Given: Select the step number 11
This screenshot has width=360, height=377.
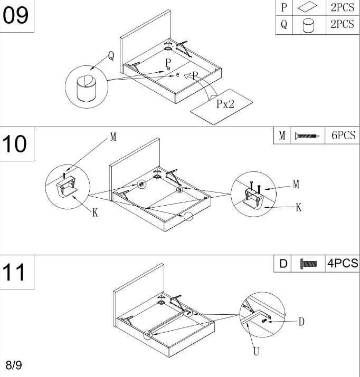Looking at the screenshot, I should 17,274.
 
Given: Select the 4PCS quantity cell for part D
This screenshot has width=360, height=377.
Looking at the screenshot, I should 342,263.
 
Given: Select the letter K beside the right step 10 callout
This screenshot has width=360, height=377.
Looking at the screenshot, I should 298,208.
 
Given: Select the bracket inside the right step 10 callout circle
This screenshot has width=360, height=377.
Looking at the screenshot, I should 252,197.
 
